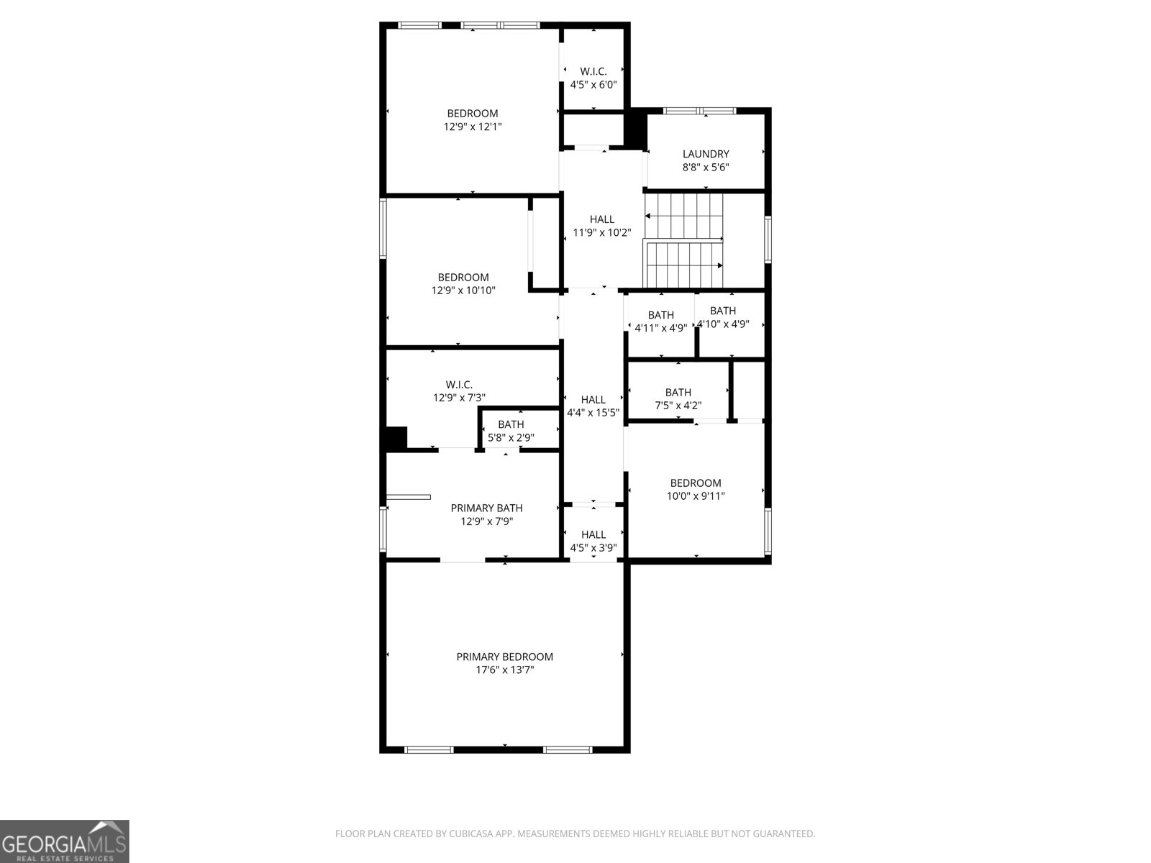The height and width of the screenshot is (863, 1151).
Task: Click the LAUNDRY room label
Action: coord(706,154)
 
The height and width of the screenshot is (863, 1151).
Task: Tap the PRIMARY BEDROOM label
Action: coord(504,657)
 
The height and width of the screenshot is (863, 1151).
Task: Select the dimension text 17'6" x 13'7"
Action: coord(504,670)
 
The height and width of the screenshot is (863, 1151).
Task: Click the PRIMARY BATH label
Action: coord(486,508)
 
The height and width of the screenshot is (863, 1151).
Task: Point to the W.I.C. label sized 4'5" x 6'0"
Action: coord(593,71)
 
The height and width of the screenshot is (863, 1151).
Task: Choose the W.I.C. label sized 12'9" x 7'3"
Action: coord(459,385)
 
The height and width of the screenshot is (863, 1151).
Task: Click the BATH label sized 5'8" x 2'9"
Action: coord(511,424)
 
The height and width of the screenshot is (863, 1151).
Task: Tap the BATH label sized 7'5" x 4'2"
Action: coord(678,392)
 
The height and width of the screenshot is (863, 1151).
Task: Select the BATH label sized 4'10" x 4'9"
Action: coord(723,311)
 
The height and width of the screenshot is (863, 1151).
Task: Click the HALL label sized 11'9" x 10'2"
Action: coord(602,219)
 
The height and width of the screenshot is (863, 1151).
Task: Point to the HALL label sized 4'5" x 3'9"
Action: coord(593,534)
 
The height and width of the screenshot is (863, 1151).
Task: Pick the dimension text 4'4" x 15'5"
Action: coord(593,413)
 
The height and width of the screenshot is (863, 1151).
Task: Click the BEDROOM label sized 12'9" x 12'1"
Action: coord(473,114)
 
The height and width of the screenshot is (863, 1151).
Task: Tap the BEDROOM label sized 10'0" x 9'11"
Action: coord(696,483)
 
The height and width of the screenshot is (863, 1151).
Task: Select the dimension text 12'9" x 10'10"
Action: coord(463,291)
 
